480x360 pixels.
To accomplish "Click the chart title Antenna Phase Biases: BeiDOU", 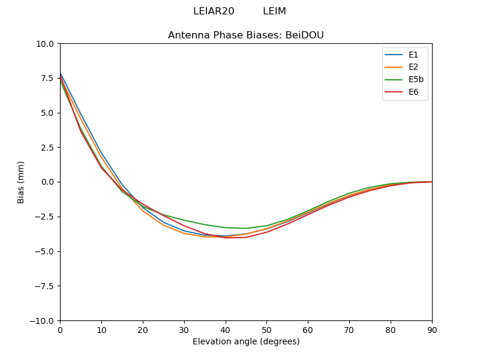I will [x=246, y=35].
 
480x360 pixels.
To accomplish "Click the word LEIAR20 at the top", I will [x=214, y=11].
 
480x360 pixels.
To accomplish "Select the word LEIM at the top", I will [x=274, y=11].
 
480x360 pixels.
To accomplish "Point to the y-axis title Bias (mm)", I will [x=21, y=182].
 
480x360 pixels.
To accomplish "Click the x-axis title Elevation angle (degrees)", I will [x=246, y=342].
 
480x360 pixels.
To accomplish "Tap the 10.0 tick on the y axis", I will [x=46, y=44].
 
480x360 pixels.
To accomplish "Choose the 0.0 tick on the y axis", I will [x=47, y=182].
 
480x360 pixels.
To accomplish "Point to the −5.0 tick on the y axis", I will [x=45, y=251].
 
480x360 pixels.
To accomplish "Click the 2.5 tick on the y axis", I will [x=47, y=148].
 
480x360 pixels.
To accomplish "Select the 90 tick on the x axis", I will [x=432, y=329].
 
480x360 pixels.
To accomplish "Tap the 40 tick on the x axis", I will [x=226, y=329].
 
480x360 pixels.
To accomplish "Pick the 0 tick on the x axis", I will [x=60, y=329].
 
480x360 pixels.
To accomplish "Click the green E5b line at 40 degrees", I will [x=226, y=227].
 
